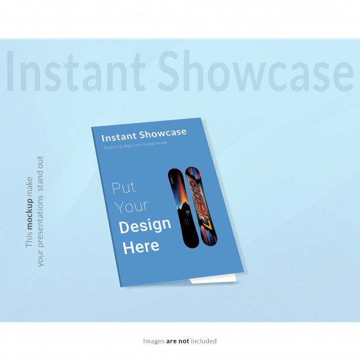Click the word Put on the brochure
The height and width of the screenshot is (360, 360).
124,187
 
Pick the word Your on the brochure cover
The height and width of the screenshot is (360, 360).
131,206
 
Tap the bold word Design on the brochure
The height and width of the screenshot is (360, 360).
144,225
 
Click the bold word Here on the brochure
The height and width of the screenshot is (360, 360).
140,247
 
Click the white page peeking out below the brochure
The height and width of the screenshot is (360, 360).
213,280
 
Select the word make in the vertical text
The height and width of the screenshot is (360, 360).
30,186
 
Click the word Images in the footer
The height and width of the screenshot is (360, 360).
154,341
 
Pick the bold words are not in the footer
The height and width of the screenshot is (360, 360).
177,341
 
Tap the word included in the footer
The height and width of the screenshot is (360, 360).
204,341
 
